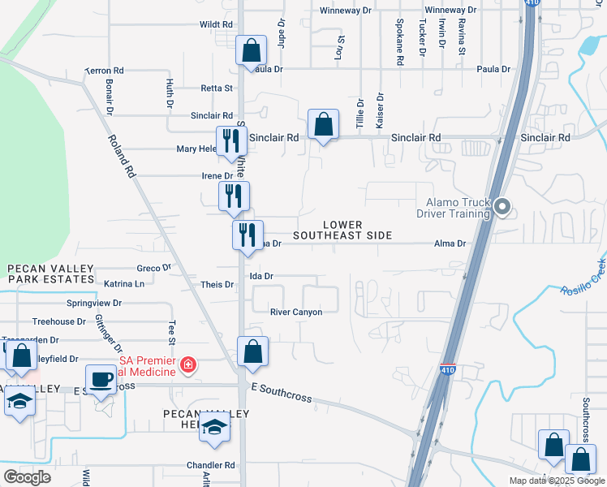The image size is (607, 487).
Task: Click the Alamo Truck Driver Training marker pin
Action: pos(502,208)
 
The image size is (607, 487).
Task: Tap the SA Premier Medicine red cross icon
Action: pos(188,366)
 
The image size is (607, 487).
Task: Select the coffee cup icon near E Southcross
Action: pos(101,379)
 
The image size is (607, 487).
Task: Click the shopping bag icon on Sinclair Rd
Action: pos(323,125)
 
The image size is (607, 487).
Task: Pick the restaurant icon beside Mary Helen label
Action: pos(231,140)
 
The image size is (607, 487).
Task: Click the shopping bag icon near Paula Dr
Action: pos(252,50)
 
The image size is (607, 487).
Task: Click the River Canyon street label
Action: pos(296,312)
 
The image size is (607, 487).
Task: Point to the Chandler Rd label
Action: pos(210,465)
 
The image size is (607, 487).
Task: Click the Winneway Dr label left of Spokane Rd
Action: pos(345,11)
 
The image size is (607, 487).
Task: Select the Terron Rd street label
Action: pos(105,71)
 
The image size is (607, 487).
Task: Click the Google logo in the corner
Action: pos(27,477)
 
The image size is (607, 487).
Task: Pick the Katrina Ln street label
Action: pos(124,284)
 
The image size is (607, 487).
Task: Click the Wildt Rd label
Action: pos(216,25)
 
